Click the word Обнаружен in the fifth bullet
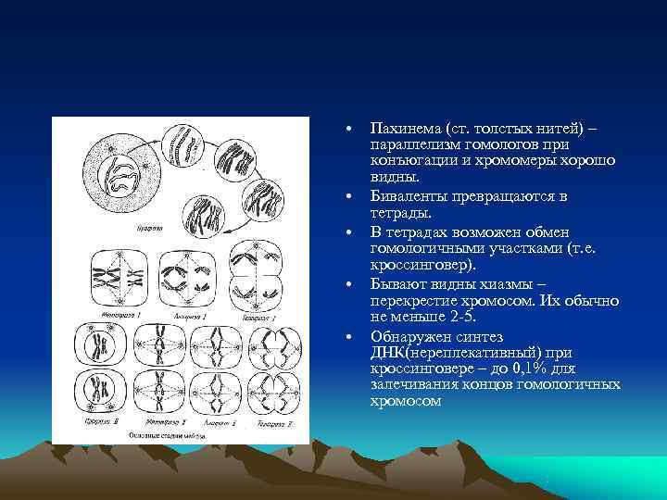[409, 335]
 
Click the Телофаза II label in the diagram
[272, 422]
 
